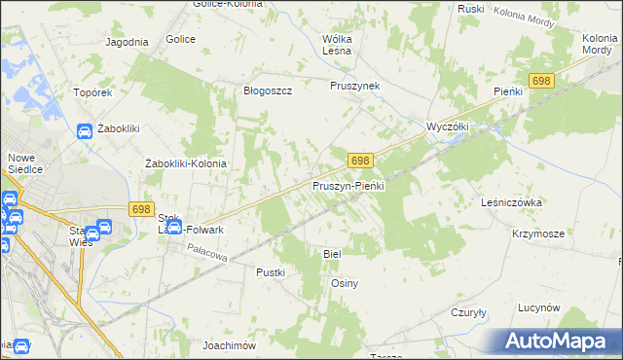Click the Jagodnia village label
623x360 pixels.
click(x=127, y=42)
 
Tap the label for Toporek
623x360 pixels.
click(x=94, y=93)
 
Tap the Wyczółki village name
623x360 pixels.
click(x=449, y=127)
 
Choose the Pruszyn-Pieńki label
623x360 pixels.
click(x=349, y=185)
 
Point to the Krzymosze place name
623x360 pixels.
click(x=538, y=234)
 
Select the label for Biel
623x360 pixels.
click(x=332, y=253)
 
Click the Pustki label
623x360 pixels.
click(x=271, y=272)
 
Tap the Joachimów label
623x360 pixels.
click(x=229, y=345)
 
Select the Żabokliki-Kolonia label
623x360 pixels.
click(x=185, y=163)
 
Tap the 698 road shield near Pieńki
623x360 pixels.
click(x=542, y=81)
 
